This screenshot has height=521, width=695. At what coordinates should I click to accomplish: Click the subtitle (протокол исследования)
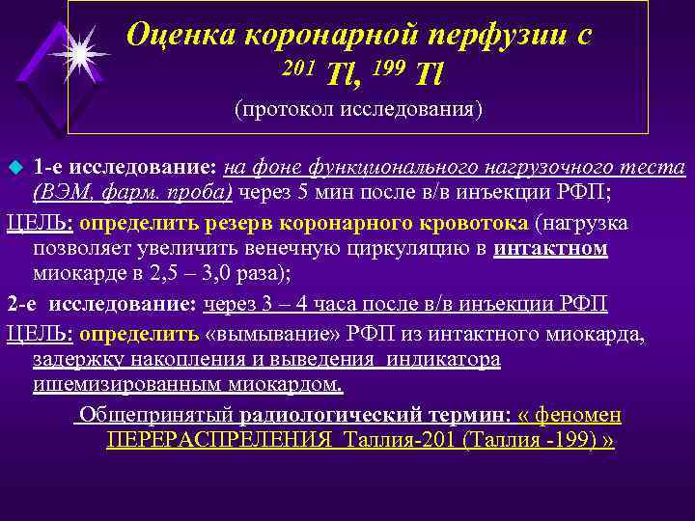358,109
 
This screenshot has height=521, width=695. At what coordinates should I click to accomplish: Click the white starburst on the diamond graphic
77,51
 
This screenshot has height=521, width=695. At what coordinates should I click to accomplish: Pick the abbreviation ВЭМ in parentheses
63,190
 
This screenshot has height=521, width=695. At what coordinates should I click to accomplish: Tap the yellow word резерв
237,224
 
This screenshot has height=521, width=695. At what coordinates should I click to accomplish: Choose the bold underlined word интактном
550,248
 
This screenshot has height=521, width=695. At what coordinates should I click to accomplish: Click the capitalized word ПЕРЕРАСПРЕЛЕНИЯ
212,439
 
